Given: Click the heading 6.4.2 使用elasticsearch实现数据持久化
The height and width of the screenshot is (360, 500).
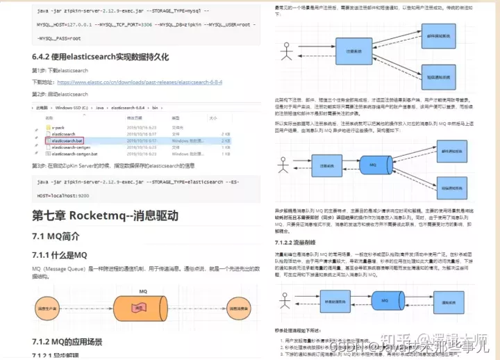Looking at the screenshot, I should [101, 56].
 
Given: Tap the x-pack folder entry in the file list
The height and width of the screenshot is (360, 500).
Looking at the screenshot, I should [58, 128].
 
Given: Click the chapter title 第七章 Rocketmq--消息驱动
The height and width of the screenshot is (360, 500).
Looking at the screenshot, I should [105, 215].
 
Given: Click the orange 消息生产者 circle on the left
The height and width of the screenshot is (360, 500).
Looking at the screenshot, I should [47, 306].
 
